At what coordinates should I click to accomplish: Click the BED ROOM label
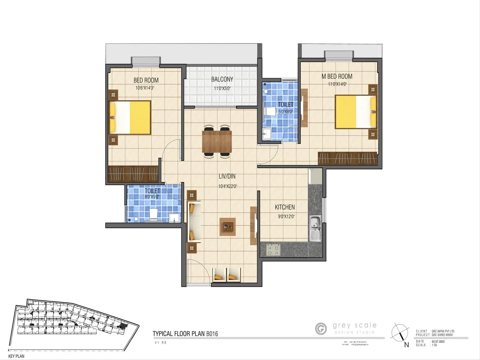point(146,80)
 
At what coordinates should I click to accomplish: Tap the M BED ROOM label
point(337,76)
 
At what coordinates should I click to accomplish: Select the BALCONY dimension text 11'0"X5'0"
point(222,88)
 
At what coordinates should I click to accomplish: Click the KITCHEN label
point(285,207)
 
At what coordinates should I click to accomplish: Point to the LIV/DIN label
point(227,176)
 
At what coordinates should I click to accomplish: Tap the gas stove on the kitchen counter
point(273,250)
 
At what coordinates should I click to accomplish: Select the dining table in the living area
point(217,142)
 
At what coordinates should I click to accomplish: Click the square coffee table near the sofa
point(227,227)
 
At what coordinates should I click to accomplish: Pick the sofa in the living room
point(194,222)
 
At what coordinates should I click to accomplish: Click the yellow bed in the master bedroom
point(356,112)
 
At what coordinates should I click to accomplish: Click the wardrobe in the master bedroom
point(347,158)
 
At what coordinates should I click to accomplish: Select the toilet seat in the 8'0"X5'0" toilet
point(154,214)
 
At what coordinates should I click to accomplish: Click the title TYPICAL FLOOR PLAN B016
point(185,334)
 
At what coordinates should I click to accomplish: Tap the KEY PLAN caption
point(16,356)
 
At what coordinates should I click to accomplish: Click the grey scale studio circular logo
point(321,328)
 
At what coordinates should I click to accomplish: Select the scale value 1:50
point(434,345)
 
